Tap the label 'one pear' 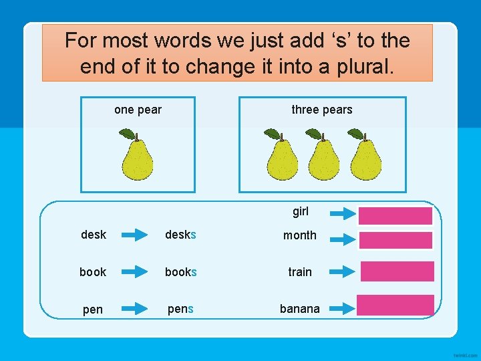click(x=138, y=110)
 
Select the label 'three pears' click(x=321, y=110)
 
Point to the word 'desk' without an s click(x=94, y=235)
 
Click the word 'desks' click(x=181, y=235)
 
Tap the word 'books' click(x=181, y=272)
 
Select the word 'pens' click(x=180, y=309)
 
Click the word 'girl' click(x=301, y=212)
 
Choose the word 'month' click(x=300, y=235)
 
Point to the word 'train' click(x=300, y=272)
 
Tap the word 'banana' click(x=300, y=309)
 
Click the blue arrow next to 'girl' click(x=343, y=214)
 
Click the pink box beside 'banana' click(x=395, y=305)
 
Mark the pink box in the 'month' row click(x=395, y=239)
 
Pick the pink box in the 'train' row click(x=397, y=271)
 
